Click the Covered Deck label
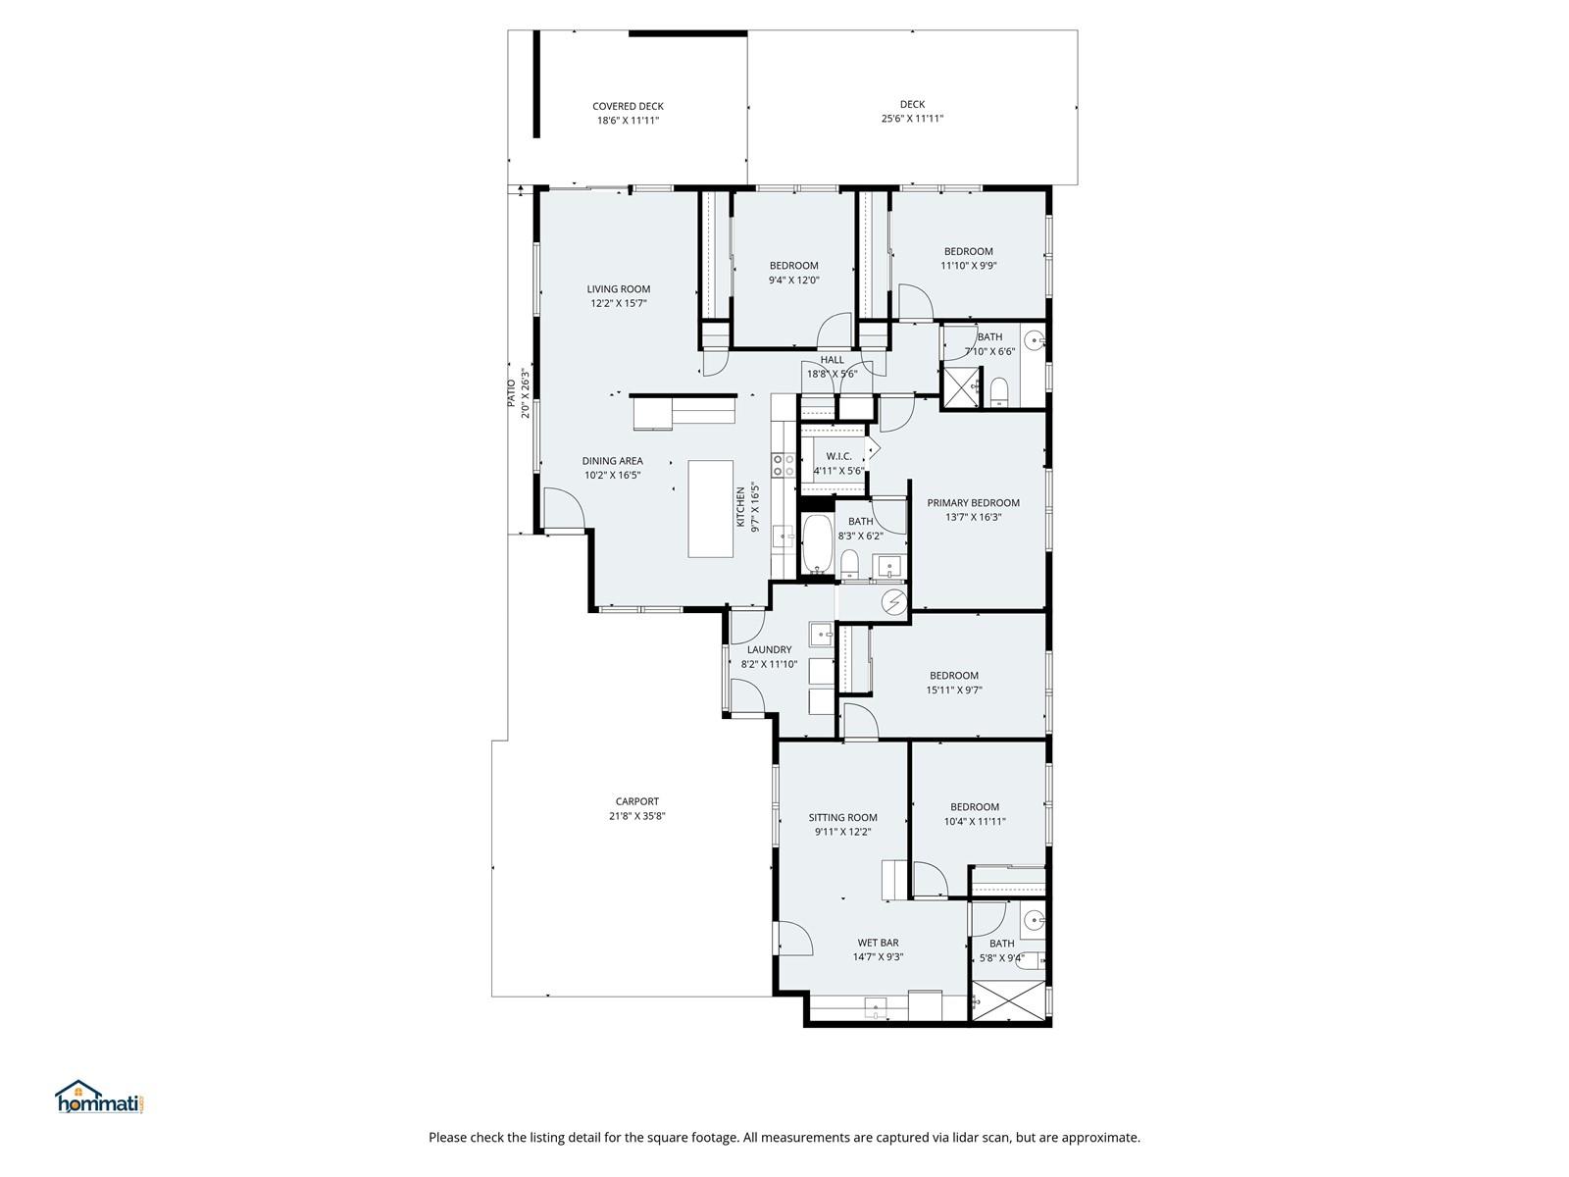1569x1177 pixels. point(628,107)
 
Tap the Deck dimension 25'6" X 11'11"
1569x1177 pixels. point(912,119)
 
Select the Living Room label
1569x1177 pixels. point(619,288)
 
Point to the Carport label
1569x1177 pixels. point(636,801)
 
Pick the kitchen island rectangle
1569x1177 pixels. point(711,509)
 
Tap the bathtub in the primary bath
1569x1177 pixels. point(816,544)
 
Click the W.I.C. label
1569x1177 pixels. point(838,456)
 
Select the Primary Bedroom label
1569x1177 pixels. point(973,502)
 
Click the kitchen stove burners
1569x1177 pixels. point(783,465)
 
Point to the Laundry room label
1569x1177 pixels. point(769,649)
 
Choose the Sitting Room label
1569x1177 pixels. point(842,817)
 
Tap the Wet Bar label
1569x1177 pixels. point(878,943)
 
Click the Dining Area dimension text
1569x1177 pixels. point(612,476)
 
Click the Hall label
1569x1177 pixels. point(832,359)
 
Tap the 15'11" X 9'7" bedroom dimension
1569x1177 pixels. point(953,691)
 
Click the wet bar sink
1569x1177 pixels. point(876,1007)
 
